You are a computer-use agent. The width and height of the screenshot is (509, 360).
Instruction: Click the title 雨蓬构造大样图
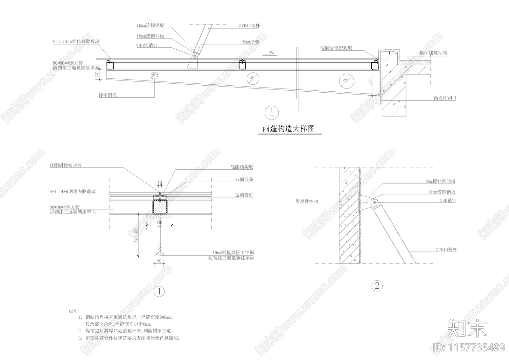[289, 129]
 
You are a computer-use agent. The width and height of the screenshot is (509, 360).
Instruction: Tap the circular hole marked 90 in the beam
[153, 75]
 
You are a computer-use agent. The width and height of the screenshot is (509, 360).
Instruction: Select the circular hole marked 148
[251, 78]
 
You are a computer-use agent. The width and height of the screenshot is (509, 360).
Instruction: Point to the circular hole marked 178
[346, 81]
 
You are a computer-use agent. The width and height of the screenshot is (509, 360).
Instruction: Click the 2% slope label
[271, 53]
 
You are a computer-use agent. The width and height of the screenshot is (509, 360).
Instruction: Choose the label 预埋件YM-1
[445, 98]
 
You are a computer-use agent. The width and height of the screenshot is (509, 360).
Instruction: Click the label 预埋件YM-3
[307, 201]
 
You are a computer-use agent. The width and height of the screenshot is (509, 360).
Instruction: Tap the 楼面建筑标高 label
[433, 53]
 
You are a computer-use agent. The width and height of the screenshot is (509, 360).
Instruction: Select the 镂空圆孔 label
[108, 95]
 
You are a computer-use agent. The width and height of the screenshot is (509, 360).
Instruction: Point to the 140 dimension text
[159, 223]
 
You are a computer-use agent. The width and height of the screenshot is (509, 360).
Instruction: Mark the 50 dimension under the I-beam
[159, 261]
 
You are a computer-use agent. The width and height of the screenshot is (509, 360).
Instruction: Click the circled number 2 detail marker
[377, 286]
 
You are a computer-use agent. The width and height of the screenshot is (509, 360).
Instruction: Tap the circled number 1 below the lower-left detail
[159, 291]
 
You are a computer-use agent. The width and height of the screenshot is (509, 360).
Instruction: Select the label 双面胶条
[244, 180]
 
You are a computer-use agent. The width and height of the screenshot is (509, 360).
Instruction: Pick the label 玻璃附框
[244, 195]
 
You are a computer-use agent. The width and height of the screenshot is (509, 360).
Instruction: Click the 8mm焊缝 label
[251, 42]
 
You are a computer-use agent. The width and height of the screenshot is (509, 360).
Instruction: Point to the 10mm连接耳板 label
[150, 36]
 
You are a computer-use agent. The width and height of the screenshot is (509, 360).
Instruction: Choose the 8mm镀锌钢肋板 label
[440, 181]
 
